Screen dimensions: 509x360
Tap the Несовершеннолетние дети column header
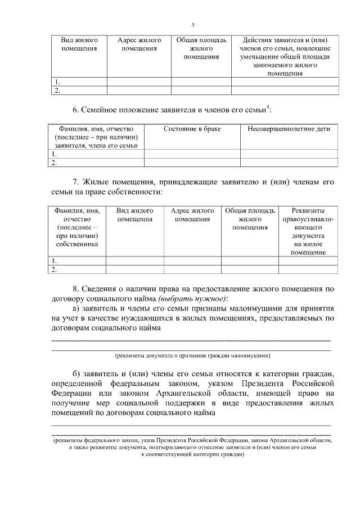(x=289, y=129)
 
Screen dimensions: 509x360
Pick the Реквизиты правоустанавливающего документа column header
(x=309, y=231)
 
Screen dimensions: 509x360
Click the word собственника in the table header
(x=77, y=244)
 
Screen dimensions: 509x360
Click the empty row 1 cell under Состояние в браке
(x=192, y=154)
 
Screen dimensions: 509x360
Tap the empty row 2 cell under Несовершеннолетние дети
(x=289, y=163)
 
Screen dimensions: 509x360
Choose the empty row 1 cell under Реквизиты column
(x=309, y=261)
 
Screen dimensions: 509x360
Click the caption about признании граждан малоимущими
(x=192, y=355)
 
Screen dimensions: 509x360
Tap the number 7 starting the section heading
(x=76, y=182)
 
